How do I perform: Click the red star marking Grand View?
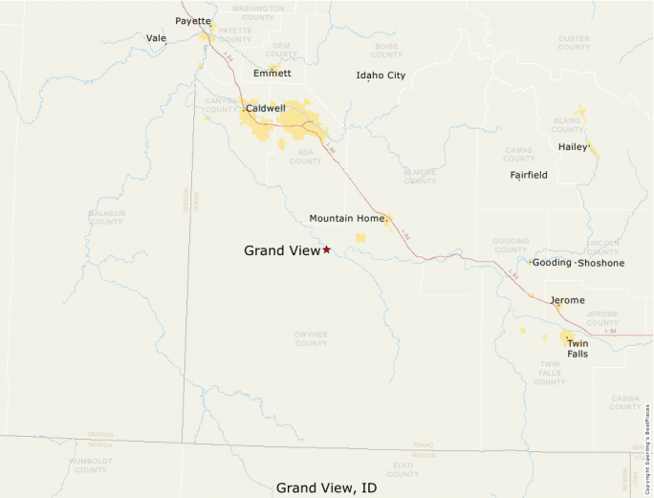326,249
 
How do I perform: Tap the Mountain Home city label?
347,219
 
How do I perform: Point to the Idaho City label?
381,75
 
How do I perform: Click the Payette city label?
193,21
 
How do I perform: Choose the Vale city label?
156,38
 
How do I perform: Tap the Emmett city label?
272,73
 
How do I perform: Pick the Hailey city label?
573,147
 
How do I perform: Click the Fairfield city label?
529,175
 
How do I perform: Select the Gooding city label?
552,263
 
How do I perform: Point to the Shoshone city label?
601,263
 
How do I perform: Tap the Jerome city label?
567,300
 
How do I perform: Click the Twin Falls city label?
577,348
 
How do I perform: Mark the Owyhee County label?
311,338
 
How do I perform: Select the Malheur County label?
105,217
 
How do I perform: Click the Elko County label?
403,470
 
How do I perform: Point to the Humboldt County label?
91,466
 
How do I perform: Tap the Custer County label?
574,43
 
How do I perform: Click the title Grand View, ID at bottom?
326,487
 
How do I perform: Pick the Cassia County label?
625,402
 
